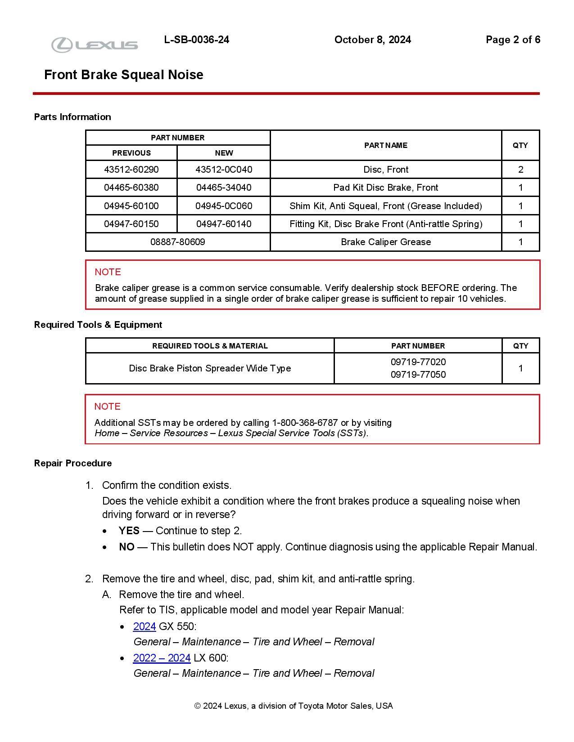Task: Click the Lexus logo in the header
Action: [95, 45]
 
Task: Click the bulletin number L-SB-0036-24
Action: [197, 40]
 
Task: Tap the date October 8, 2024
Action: [372, 40]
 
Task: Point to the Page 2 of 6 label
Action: [513, 40]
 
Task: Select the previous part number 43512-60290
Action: [131, 170]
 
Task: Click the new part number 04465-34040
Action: [224, 188]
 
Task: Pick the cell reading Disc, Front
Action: [386, 170]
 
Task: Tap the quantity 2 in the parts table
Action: [520, 170]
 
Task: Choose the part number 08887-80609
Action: [177, 242]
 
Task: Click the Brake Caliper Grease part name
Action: [386, 242]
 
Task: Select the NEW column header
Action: [224, 153]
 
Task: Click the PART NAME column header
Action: [386, 145]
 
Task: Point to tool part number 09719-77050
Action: [418, 375]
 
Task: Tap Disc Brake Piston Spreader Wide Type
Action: [210, 368]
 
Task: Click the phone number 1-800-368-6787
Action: [305, 423]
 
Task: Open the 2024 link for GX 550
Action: [145, 626]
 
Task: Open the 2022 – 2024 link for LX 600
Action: [162, 658]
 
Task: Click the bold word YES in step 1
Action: [129, 531]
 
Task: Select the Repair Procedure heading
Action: [73, 463]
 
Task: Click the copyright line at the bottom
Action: [294, 706]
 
